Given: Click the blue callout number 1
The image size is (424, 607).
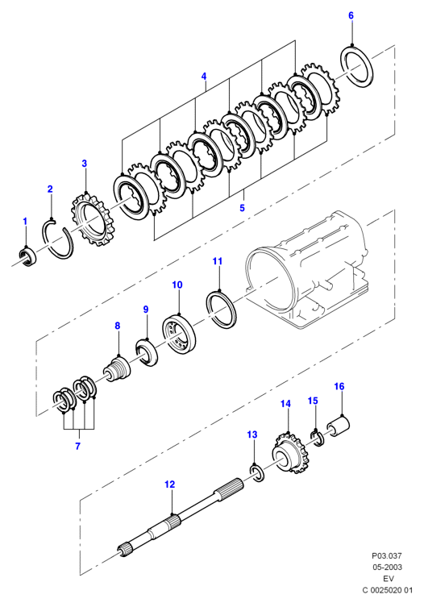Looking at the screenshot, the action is coord(25,222).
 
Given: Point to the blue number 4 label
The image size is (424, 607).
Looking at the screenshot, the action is coord(204,77).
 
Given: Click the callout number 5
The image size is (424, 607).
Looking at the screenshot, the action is coord(242,208).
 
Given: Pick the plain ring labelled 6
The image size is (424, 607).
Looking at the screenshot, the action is coord(357,66).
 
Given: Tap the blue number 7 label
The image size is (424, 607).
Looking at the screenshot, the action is coord(77,446).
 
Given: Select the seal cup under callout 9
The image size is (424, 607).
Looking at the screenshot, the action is coord(146,352).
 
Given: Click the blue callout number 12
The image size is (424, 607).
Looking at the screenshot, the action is coord(169,484).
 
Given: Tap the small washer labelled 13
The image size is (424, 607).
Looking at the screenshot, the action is coord(256,473).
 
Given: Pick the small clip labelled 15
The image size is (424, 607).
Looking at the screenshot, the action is coord(318,439).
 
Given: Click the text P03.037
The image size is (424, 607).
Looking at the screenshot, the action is coord(387,555).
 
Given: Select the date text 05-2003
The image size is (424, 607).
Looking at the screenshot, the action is coord(387,568).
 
